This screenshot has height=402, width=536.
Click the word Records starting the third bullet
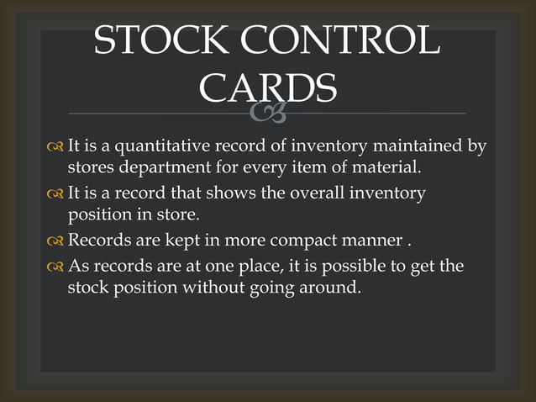98,241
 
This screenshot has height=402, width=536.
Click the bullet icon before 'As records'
55,267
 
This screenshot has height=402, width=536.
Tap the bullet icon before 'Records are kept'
55,242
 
